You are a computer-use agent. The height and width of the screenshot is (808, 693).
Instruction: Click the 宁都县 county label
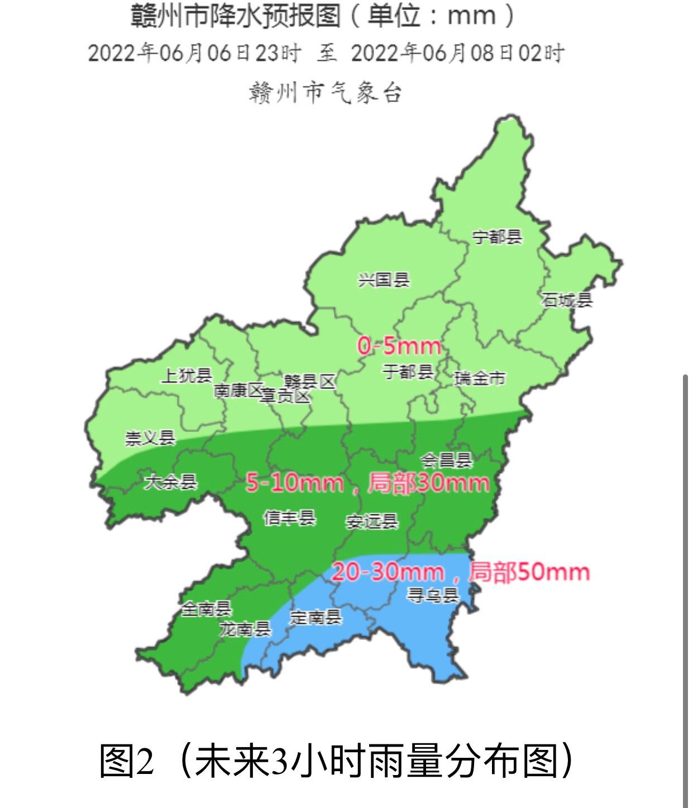[497, 237]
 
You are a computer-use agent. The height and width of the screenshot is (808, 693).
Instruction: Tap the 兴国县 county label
[384, 280]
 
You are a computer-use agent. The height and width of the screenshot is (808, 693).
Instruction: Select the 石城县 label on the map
[566, 300]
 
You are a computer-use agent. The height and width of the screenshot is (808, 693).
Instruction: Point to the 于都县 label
[408, 372]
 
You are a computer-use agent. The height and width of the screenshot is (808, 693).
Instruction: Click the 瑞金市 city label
[480, 378]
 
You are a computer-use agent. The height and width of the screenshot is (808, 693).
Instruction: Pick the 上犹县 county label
[187, 376]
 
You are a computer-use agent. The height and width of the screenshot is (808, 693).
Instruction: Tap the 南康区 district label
[238, 391]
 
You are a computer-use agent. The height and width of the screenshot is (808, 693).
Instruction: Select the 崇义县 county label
[150, 438]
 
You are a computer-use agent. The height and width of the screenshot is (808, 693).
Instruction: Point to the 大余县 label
[171, 482]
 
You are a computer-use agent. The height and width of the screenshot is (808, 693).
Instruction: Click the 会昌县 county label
[446, 460]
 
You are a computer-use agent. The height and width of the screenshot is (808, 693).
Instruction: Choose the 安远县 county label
[372, 522]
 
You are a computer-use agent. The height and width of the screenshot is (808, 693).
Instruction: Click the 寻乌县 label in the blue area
[433, 595]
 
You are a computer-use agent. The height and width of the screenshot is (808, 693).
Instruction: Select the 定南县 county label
[316, 617]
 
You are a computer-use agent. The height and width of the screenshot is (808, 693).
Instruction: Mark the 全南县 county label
[206, 609]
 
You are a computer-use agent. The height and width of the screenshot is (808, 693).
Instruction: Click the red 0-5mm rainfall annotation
[399, 347]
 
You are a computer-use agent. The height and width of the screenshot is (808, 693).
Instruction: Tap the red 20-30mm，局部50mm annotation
[461, 572]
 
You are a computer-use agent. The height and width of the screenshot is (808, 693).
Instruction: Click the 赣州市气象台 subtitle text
[326, 93]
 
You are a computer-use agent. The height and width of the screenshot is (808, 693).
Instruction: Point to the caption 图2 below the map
[126, 761]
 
